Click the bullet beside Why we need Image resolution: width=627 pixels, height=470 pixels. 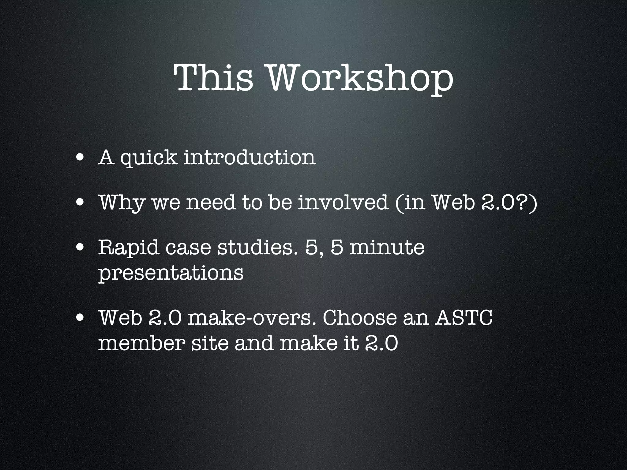[81, 203]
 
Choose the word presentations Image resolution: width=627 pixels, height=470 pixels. [171, 273]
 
